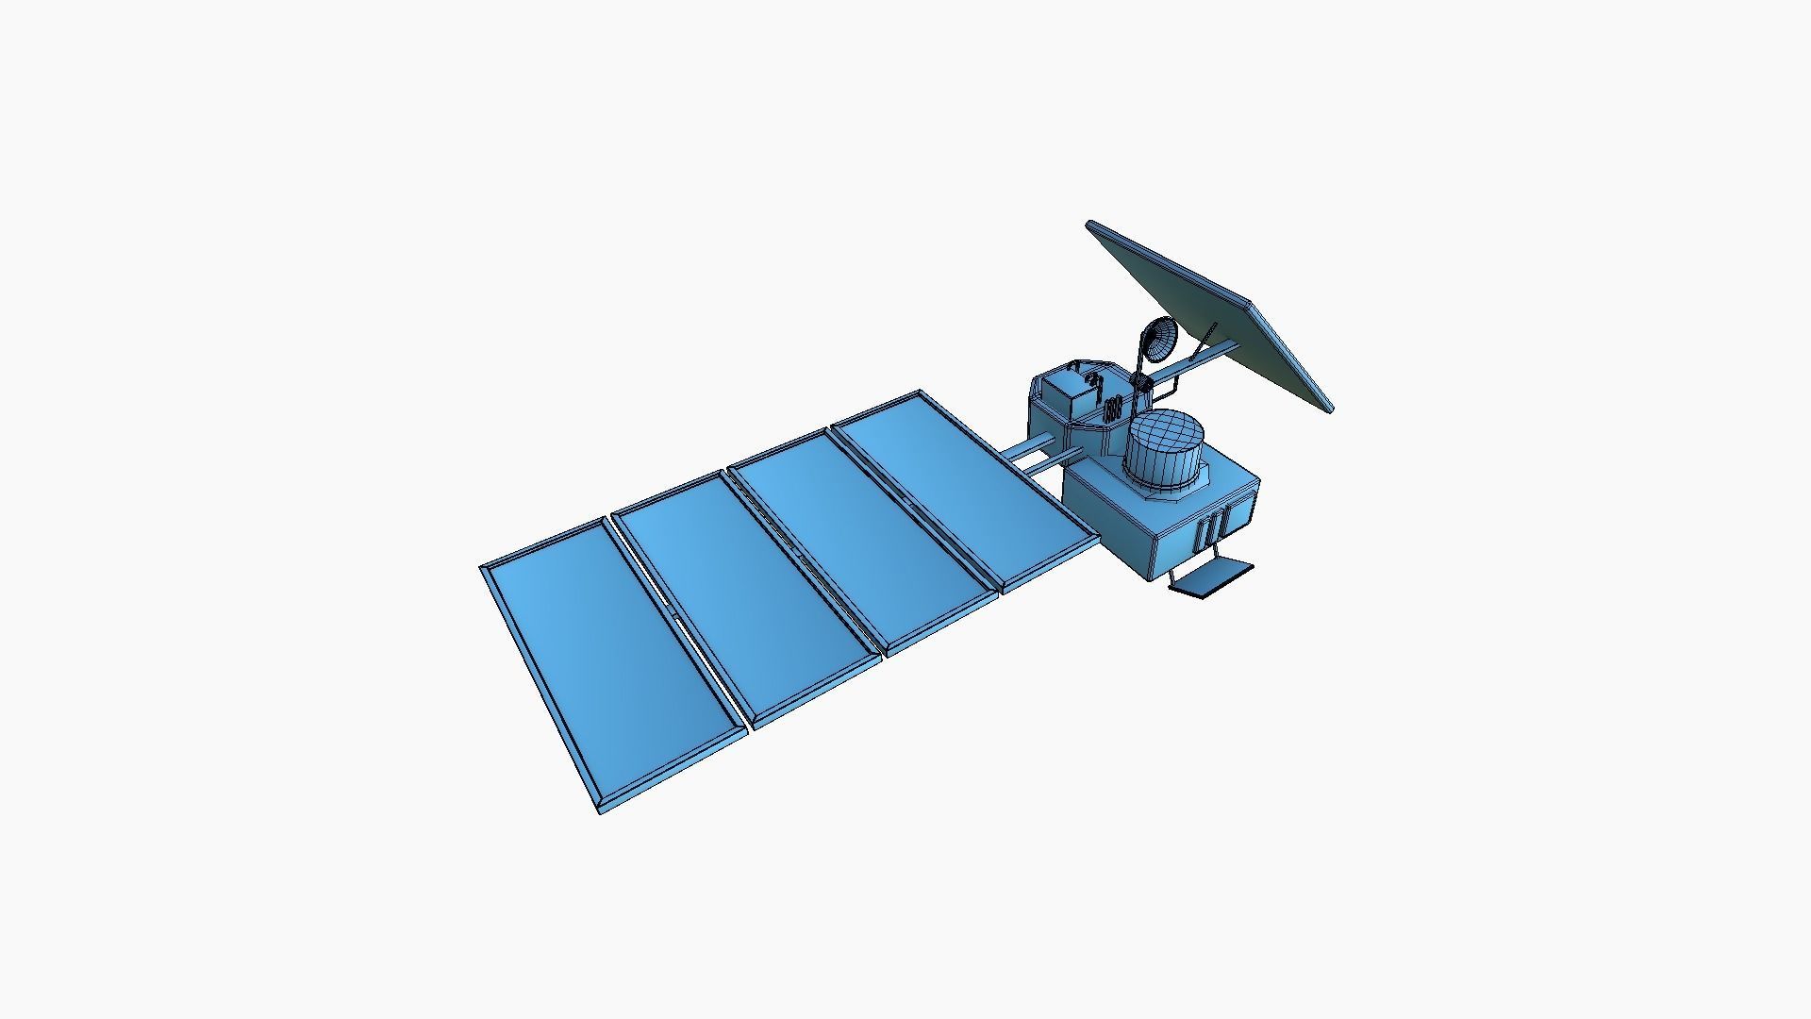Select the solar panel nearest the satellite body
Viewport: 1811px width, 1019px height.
point(957,491)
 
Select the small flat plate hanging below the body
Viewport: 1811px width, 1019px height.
point(1212,578)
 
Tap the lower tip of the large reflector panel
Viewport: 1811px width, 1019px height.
point(1328,409)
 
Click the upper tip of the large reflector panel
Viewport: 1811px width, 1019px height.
point(1091,225)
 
